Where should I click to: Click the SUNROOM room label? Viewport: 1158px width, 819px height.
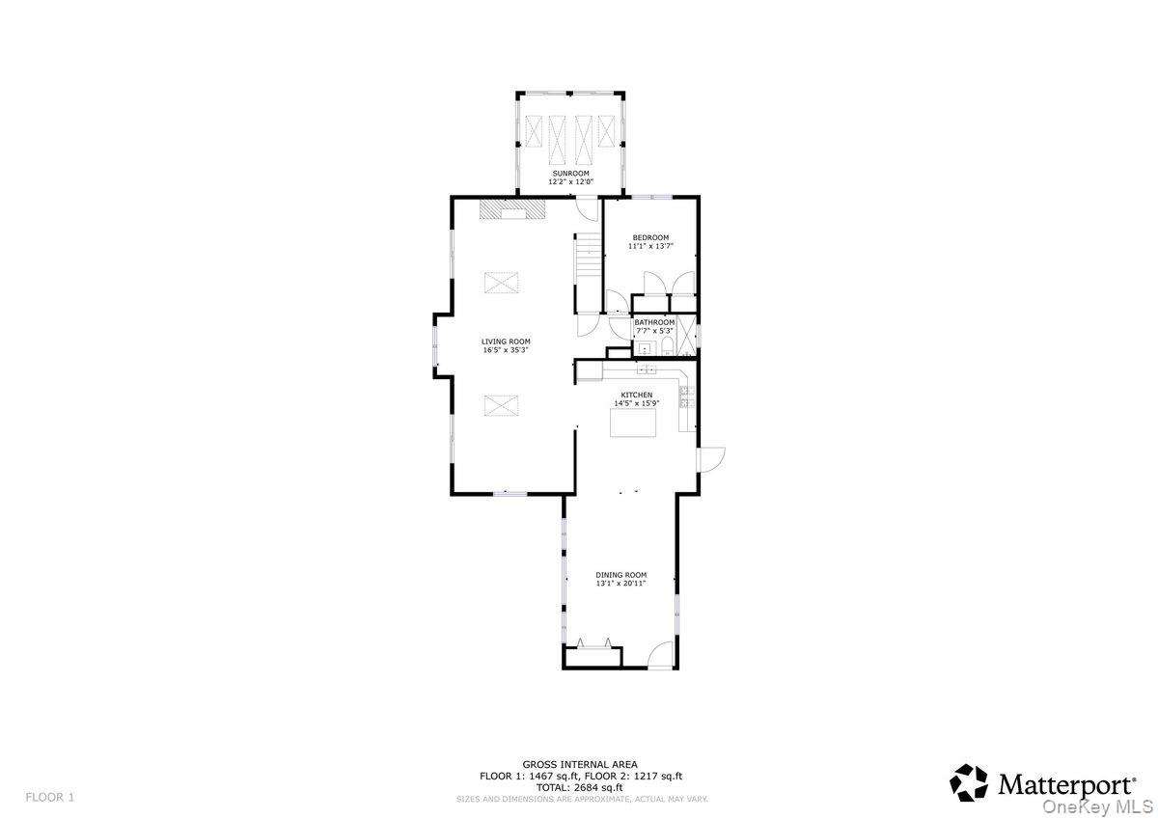[x=569, y=174]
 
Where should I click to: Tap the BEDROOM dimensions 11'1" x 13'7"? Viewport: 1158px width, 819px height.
[x=649, y=246]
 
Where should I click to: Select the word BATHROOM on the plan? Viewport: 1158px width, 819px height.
[x=654, y=322]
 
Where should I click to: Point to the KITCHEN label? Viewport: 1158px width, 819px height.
[x=636, y=395]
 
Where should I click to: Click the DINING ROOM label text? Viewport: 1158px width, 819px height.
[x=620, y=575]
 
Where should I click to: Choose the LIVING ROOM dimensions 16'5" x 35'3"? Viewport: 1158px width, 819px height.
[x=506, y=350]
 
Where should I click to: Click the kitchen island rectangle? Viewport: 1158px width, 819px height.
[x=632, y=423]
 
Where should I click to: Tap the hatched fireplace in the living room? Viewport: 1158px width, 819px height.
[x=512, y=209]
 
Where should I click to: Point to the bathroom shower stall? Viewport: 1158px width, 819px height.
[x=687, y=334]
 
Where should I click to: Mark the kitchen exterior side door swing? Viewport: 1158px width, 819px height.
[x=711, y=458]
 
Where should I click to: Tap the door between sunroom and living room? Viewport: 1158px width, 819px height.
[x=587, y=205]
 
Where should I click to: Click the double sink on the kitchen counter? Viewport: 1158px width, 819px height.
[x=646, y=369]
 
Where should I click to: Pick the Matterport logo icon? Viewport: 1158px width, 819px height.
[x=969, y=782]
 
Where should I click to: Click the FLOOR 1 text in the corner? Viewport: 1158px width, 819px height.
[x=49, y=797]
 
